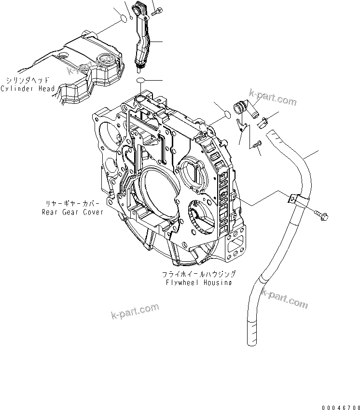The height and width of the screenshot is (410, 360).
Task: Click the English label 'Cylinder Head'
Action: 28,89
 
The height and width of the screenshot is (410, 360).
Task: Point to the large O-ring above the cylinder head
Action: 124,19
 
